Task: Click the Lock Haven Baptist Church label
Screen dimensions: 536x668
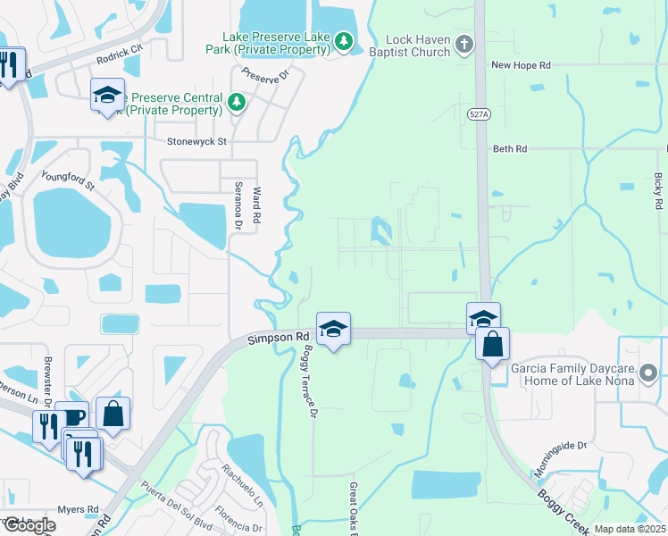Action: (419, 46)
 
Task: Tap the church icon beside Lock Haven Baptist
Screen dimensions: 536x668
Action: (463, 43)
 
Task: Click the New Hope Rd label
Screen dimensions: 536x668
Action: (522, 65)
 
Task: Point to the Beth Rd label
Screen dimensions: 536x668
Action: (510, 149)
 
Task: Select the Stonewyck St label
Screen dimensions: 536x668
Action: (197, 141)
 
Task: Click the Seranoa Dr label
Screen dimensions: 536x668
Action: (238, 202)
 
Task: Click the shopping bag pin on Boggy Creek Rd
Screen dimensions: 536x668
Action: (492, 345)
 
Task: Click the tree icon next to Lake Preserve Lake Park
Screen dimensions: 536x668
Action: (344, 42)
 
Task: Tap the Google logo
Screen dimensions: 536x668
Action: (29, 525)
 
